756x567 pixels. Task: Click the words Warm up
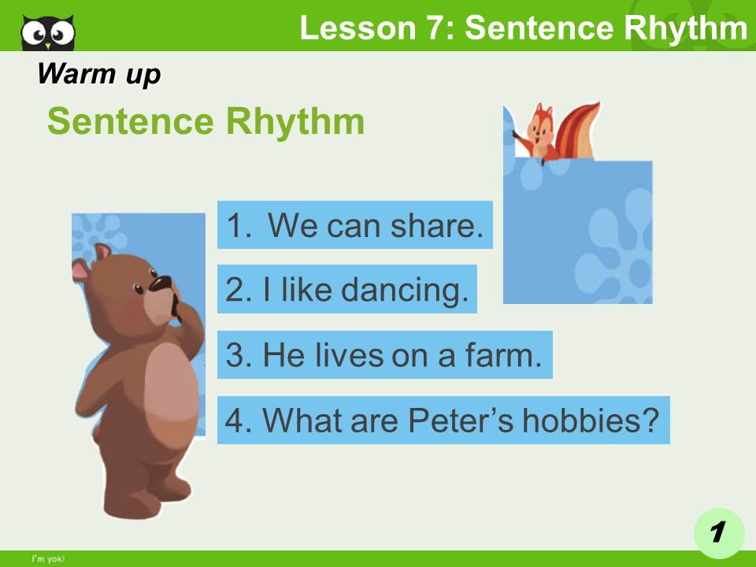tap(98, 74)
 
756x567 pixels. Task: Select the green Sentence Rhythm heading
tap(206, 122)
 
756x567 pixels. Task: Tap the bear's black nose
tap(161, 283)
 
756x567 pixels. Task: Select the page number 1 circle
tap(718, 532)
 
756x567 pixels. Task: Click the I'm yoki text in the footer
tap(48, 559)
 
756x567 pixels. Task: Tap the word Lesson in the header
tap(351, 28)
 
